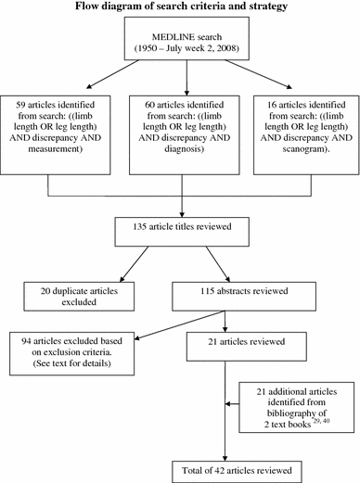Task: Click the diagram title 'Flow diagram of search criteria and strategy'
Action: tap(180, 8)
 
